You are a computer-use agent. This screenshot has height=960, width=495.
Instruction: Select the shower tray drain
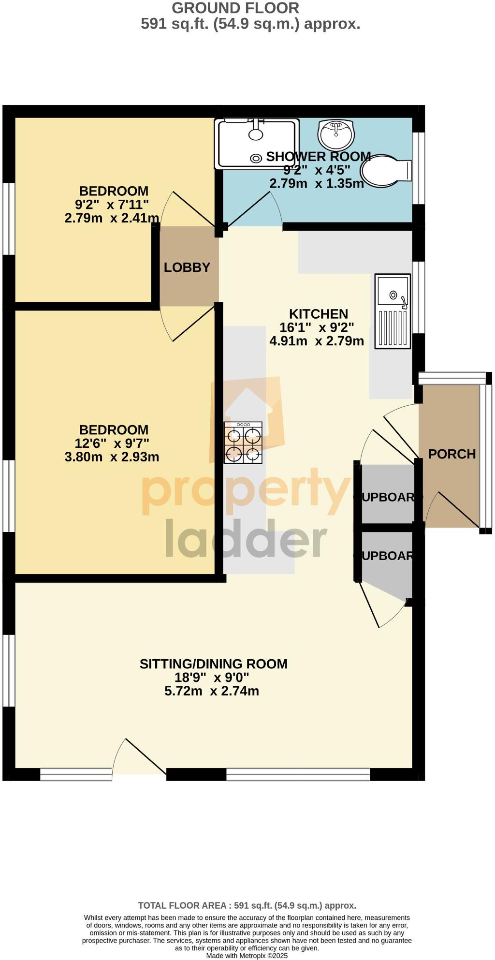[255, 158]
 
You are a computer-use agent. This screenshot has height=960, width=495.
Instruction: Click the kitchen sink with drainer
[393, 311]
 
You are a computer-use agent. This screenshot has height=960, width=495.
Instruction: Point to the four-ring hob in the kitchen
[243, 443]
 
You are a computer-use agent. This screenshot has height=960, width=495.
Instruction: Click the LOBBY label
[187, 267]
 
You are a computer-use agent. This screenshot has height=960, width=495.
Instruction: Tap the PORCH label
[452, 454]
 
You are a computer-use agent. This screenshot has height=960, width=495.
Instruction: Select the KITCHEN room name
[318, 314]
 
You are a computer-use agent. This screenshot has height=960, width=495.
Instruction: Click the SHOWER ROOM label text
[318, 157]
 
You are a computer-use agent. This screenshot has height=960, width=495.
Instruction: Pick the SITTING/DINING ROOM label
[213, 664]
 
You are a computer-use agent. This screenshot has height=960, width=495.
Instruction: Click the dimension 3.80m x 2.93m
[112, 457]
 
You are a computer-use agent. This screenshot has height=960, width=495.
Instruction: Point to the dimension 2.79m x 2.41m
[112, 218]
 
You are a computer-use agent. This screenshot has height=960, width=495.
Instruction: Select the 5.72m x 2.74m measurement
[212, 691]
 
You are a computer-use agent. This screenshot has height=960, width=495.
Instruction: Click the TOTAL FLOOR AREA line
[247, 905]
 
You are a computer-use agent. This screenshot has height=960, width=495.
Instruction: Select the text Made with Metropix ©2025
[247, 956]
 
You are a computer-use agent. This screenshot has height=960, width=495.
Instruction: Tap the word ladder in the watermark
[246, 539]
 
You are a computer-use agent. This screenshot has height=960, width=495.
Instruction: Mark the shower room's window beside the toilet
[418, 168]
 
